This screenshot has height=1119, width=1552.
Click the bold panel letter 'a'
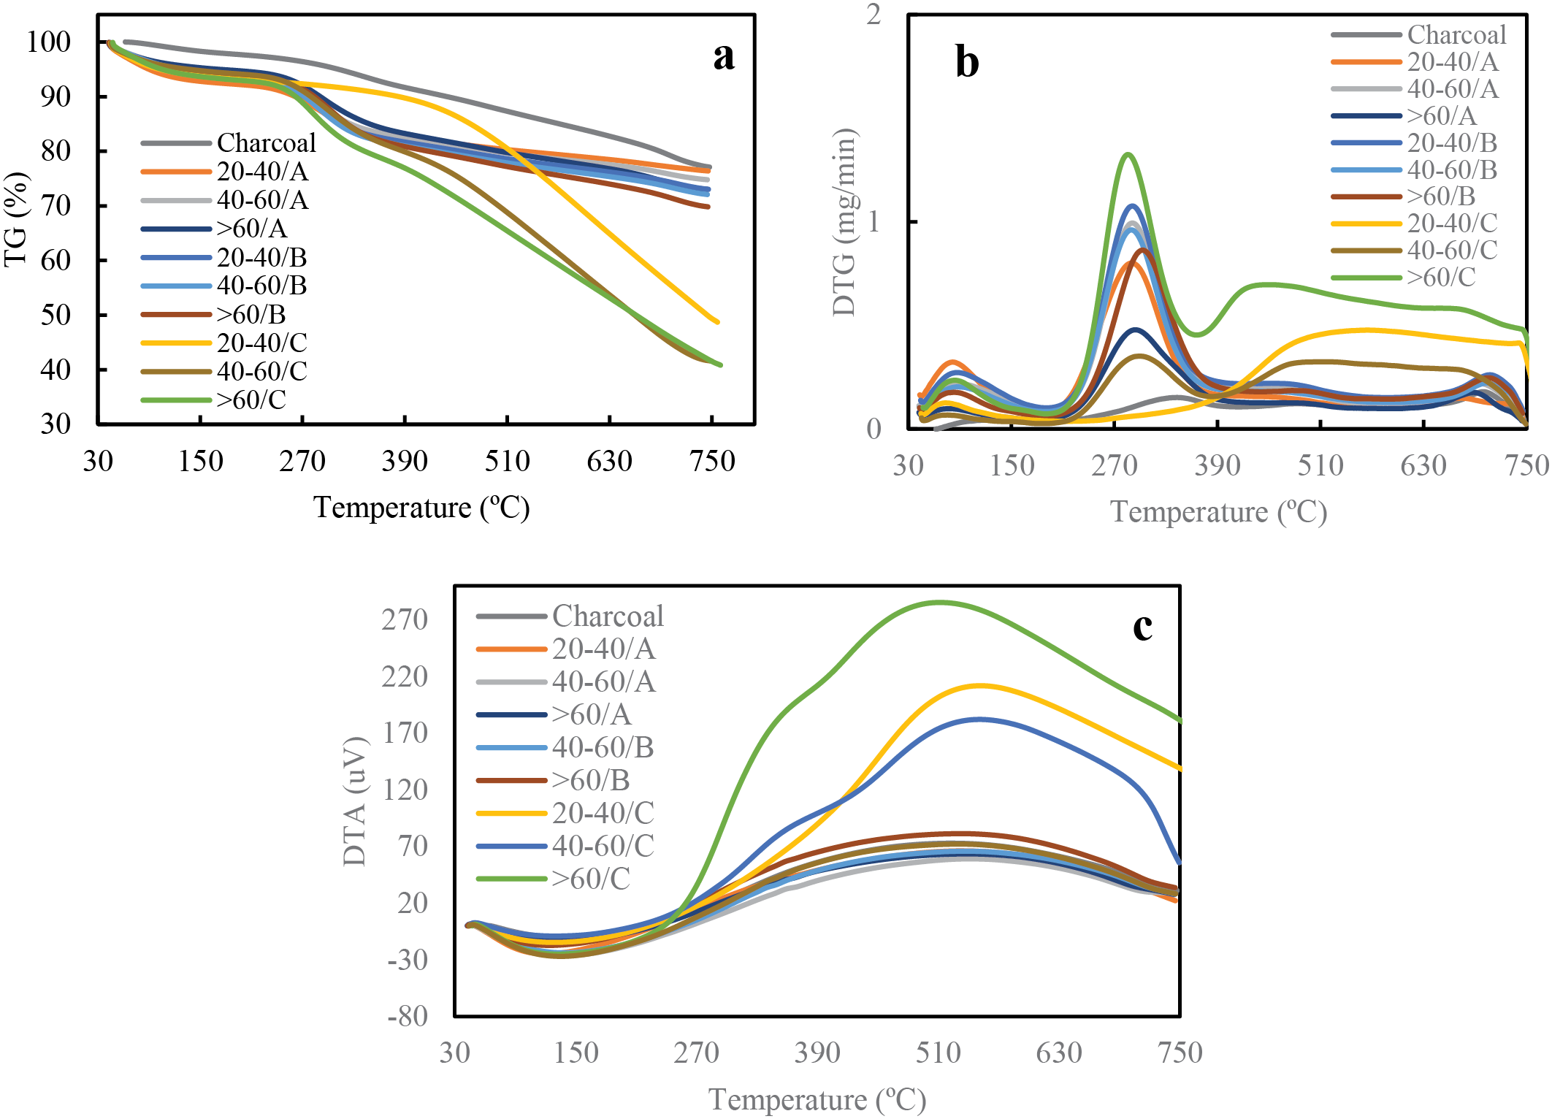pyautogui.click(x=723, y=57)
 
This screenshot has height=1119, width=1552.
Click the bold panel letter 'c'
pyautogui.click(x=1142, y=627)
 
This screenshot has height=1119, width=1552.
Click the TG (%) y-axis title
pyautogui.click(x=16, y=220)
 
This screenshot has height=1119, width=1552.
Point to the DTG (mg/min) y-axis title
pyautogui.click(x=844, y=223)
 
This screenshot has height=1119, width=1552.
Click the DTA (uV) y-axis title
pyautogui.click(x=355, y=801)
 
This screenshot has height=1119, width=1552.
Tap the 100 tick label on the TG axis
pyautogui.click(x=49, y=42)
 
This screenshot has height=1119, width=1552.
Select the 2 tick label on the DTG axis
pyautogui.click(x=874, y=15)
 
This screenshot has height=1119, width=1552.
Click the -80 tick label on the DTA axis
pyautogui.click(x=408, y=1016)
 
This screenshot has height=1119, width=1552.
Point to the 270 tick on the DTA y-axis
pyautogui.click(x=405, y=619)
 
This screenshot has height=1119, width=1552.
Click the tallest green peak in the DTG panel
pyautogui.click(x=1128, y=154)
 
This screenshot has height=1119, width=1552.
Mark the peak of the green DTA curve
pyautogui.click(x=940, y=603)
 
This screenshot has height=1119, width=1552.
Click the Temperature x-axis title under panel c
pyautogui.click(x=817, y=1100)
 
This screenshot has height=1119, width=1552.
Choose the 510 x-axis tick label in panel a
pyautogui.click(x=507, y=462)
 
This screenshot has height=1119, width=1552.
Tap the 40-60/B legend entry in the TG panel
pyautogui.click(x=261, y=286)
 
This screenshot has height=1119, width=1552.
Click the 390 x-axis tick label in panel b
pyautogui.click(x=1217, y=466)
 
